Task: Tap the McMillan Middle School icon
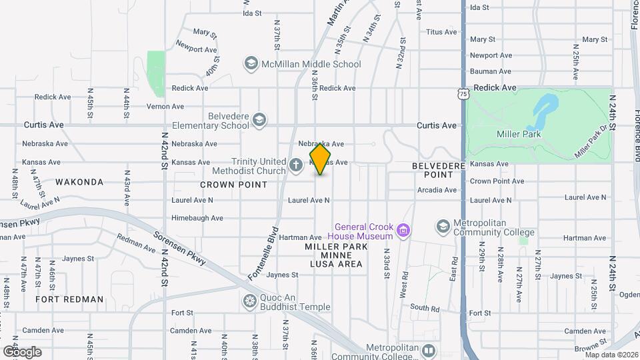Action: [251, 64]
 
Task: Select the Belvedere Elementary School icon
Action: [259, 120]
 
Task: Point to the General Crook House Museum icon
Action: [403, 231]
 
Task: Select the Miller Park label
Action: [519, 134]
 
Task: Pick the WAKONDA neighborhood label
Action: [79, 182]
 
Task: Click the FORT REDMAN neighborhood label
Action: [70, 299]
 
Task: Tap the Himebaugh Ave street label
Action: [197, 218]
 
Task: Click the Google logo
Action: [21, 351]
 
